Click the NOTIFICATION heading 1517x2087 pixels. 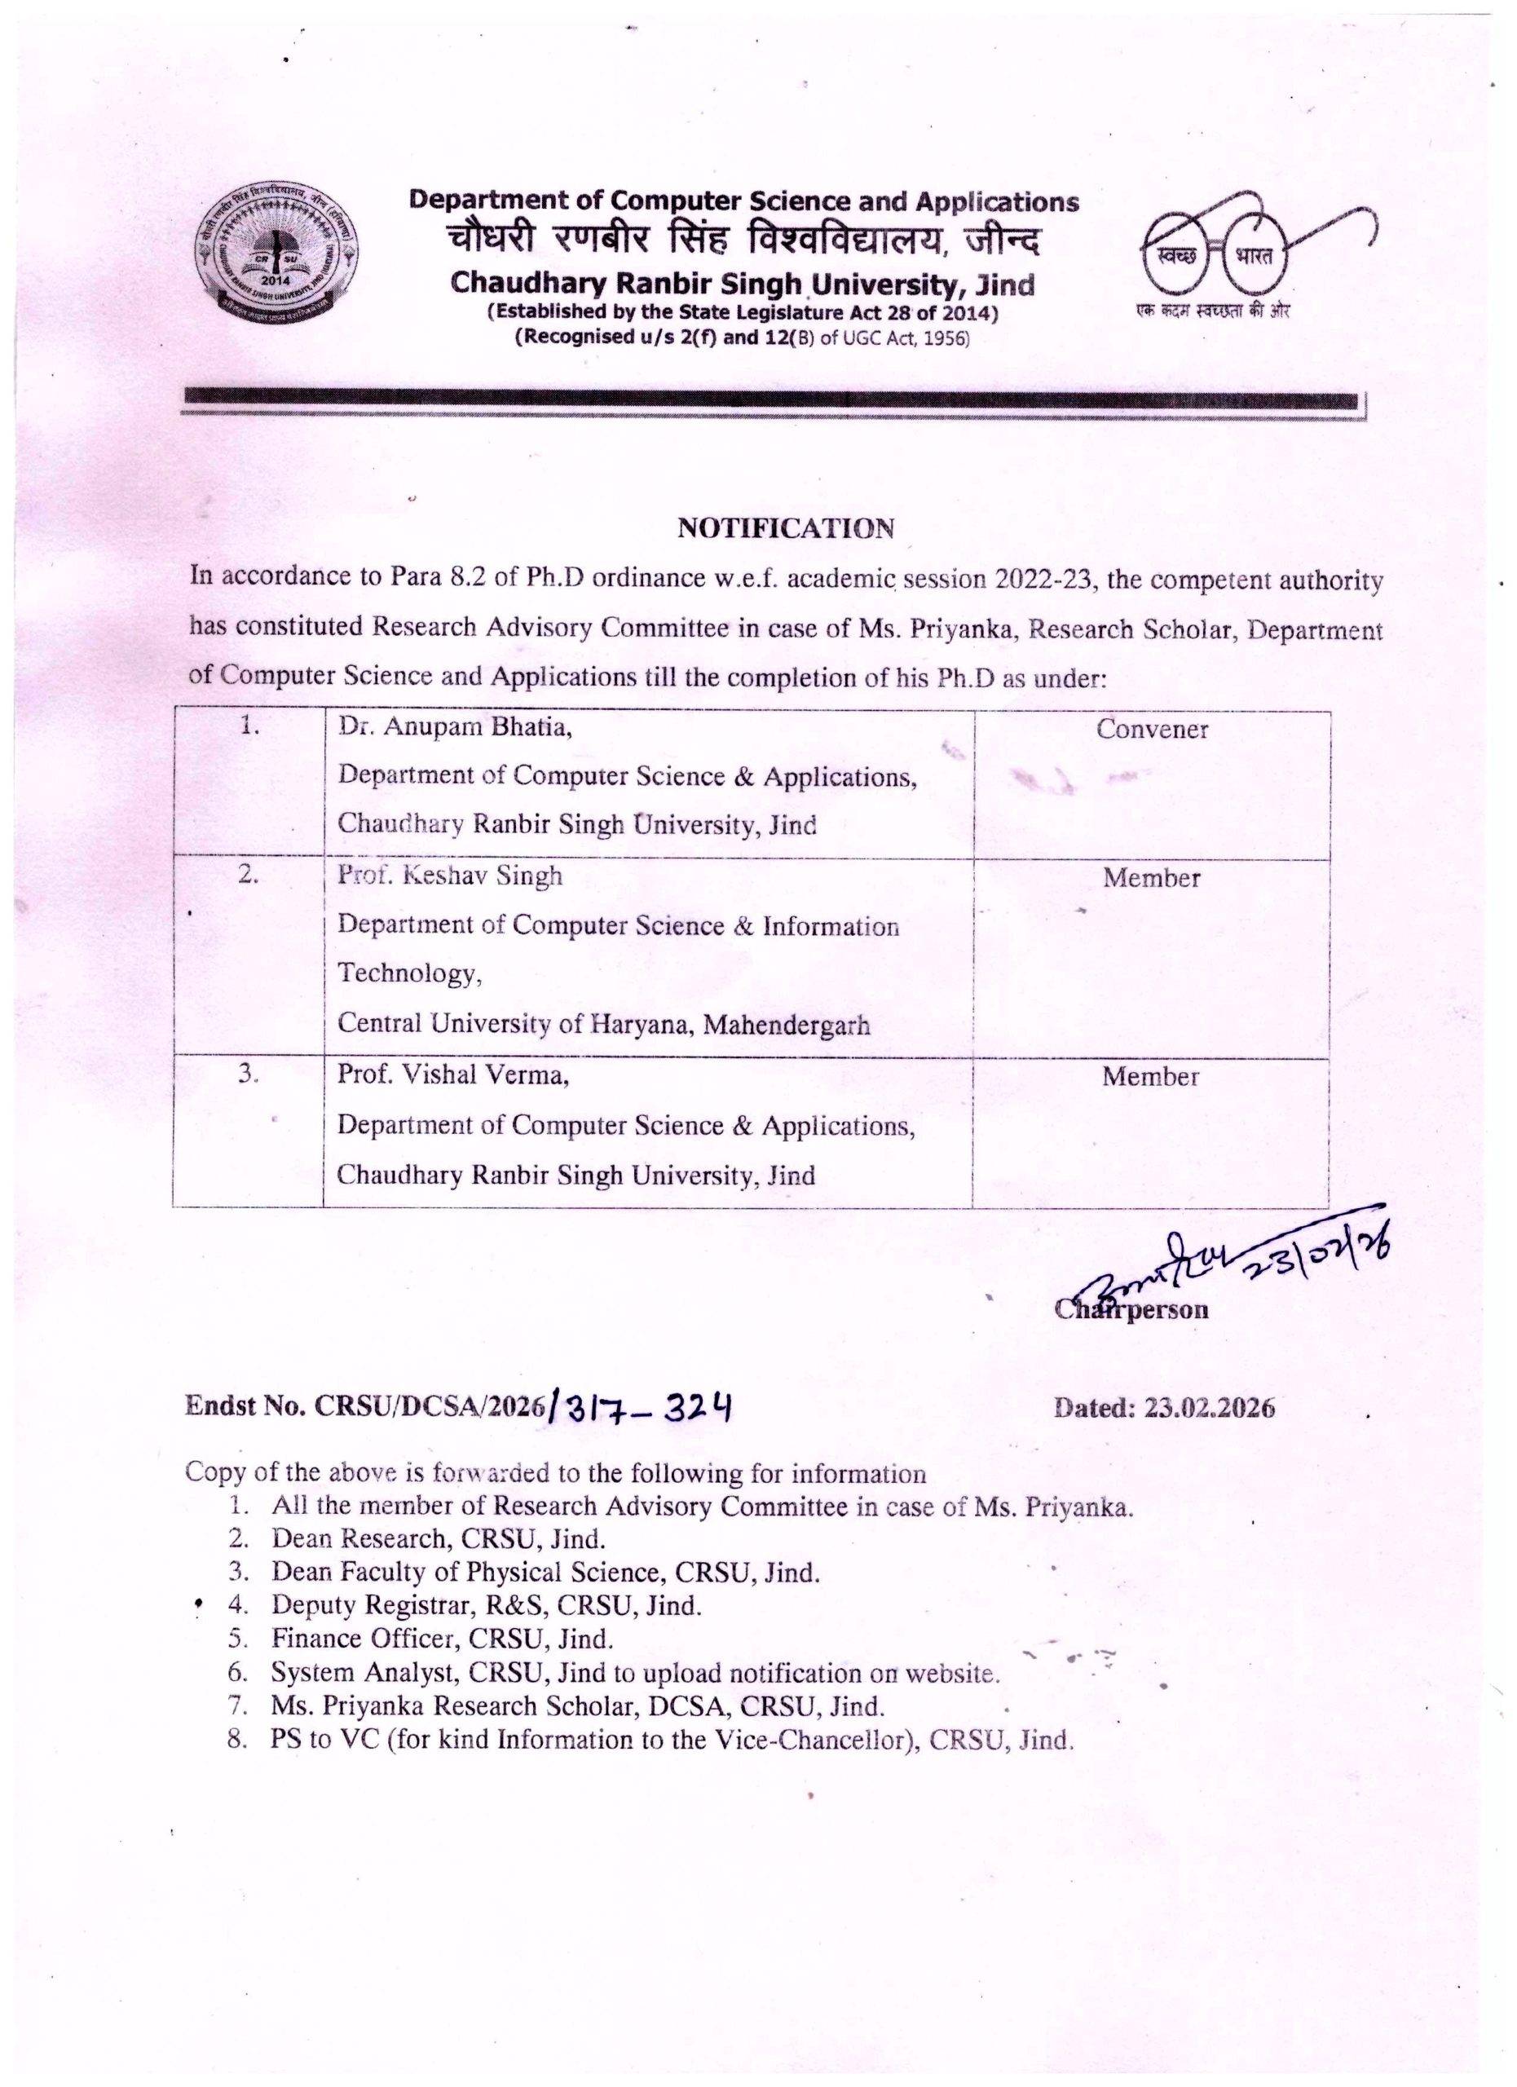pyautogui.click(x=786, y=528)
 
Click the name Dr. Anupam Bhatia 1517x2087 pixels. pyautogui.click(x=455, y=727)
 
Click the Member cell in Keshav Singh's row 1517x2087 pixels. pyautogui.click(x=1151, y=878)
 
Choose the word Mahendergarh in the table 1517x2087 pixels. pyautogui.click(x=787, y=1024)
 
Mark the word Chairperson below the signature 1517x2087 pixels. pyautogui.click(x=1131, y=1309)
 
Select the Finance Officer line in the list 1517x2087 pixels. pyautogui.click(x=442, y=1638)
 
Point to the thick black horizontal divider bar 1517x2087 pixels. pyautogui.click(x=771, y=400)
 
